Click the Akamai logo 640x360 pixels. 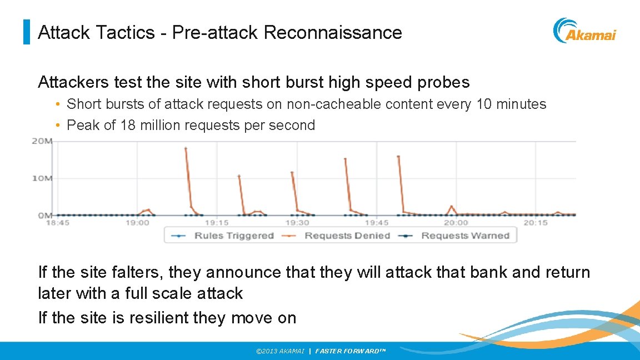pos(584,31)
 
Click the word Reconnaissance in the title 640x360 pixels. pos(333,32)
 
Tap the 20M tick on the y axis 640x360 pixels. pos(42,141)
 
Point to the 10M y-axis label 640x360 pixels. pos(42,178)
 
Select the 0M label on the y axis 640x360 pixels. pos(44,215)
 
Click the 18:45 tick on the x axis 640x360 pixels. pos(57,223)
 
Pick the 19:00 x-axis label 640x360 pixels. pos(137,223)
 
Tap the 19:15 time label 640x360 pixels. pos(217,223)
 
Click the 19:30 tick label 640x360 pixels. pos(297,223)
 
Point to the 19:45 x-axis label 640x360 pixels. pos(377,223)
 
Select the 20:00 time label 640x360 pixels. pos(456,223)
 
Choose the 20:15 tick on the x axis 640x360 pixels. pos(536,223)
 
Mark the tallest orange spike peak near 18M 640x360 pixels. pos(186,148)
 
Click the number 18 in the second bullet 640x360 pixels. pos(127,126)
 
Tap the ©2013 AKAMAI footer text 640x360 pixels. pos(280,351)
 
